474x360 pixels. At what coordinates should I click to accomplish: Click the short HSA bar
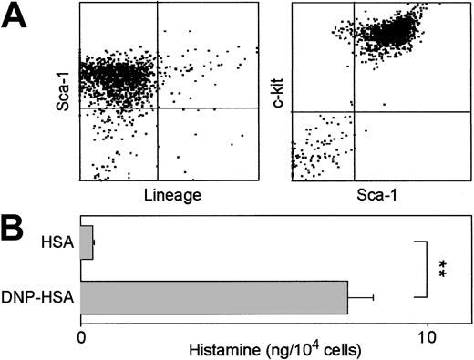click(87, 243)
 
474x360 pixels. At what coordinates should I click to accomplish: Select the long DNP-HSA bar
click(214, 296)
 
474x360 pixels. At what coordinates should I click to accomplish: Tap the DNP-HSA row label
click(46, 296)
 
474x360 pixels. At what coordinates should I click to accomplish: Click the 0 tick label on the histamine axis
click(81, 335)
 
